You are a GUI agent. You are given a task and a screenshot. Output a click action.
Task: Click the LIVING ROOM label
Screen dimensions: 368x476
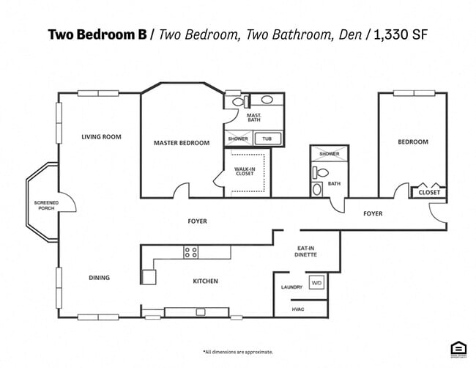(x=101, y=136)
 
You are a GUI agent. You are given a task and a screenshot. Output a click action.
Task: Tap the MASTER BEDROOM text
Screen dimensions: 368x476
(x=182, y=143)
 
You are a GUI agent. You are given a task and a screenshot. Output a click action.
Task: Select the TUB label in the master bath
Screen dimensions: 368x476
(x=267, y=139)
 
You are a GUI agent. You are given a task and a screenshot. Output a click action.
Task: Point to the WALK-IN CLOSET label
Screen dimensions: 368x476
(x=245, y=172)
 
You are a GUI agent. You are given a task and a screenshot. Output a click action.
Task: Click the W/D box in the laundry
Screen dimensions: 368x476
(x=316, y=282)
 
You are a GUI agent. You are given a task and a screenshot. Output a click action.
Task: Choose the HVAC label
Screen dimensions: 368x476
(x=297, y=309)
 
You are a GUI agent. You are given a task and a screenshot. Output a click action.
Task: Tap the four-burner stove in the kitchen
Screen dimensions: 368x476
(x=190, y=252)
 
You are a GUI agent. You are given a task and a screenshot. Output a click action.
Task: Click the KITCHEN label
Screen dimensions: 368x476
(x=205, y=281)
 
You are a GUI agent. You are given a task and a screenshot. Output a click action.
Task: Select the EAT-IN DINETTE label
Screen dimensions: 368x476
(x=306, y=251)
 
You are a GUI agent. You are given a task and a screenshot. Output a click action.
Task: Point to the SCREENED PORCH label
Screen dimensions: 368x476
(x=46, y=205)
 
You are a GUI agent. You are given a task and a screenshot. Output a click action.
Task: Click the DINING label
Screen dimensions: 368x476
(x=99, y=278)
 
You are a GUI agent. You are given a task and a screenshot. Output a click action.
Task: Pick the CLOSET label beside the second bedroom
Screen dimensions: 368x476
(x=429, y=192)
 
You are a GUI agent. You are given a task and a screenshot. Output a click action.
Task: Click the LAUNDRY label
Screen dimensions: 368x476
(x=291, y=287)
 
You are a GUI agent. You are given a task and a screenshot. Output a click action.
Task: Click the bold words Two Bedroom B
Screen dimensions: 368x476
(x=97, y=34)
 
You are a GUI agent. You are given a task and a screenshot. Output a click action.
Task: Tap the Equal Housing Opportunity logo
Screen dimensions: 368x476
(x=458, y=350)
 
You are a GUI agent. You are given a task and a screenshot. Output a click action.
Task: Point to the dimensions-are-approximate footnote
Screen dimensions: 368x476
(x=238, y=352)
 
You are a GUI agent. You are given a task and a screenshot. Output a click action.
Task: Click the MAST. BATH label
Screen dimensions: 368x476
(x=254, y=118)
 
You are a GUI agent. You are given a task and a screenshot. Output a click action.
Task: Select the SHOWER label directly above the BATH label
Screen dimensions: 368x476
(x=329, y=154)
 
